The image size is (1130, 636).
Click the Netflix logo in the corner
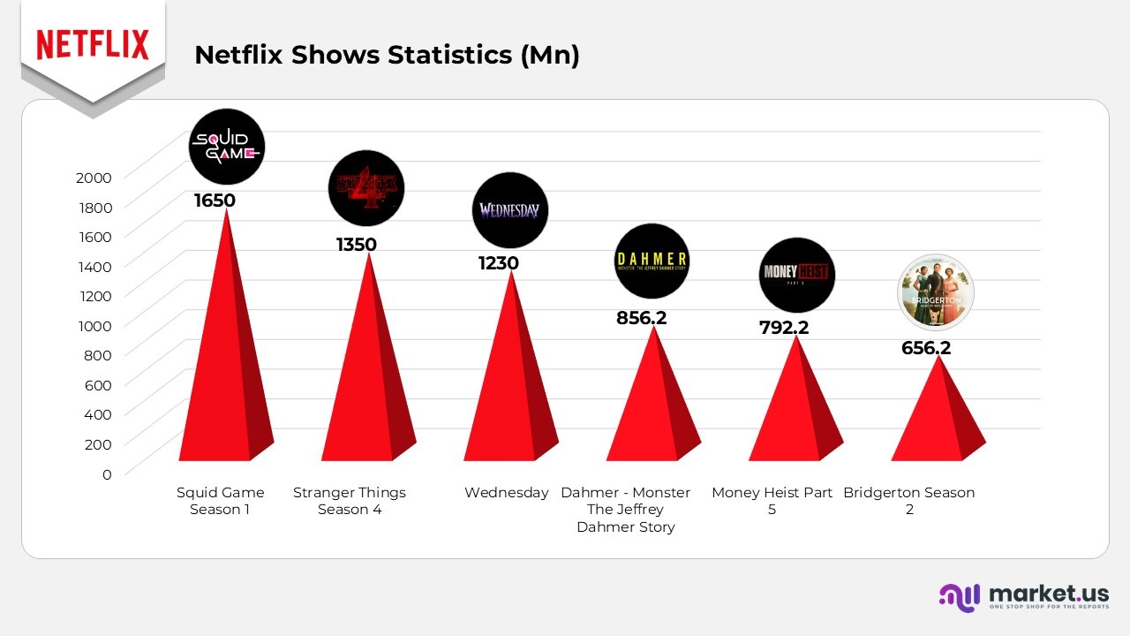[93, 44]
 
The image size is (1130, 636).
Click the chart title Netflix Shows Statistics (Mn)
[387, 55]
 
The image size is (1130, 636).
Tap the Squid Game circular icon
[227, 148]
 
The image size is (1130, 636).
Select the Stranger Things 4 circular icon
[365, 187]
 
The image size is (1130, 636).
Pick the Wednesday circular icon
[509, 210]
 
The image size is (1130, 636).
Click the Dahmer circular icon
[652, 261]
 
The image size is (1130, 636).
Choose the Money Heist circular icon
[796, 274]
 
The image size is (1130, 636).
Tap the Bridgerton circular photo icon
[935, 292]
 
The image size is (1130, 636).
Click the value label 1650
[215, 201]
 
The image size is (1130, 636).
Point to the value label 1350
[357, 245]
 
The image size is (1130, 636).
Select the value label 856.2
[641, 318]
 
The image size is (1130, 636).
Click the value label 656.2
[926, 348]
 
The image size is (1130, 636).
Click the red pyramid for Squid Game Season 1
[223, 371]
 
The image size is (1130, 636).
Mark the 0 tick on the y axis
[107, 474]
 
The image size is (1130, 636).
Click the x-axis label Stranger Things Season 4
[350, 501]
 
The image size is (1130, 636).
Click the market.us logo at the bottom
[1023, 596]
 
